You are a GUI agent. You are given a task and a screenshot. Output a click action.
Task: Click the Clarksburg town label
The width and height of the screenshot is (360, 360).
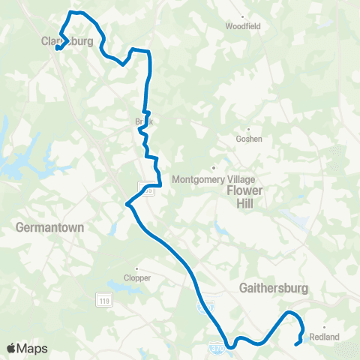pos(67,42)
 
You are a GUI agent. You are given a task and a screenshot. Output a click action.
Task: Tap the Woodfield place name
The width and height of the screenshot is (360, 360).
pos(242,25)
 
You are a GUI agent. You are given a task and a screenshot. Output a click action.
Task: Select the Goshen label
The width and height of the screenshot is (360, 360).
pos(248,139)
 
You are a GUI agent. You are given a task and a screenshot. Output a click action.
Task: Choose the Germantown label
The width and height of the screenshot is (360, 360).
pos(49,226)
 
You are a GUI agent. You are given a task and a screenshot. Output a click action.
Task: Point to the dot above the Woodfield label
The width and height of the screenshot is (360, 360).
pos(243,16)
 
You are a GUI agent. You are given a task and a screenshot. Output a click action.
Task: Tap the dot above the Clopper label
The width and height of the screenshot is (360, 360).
pos(136,268)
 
